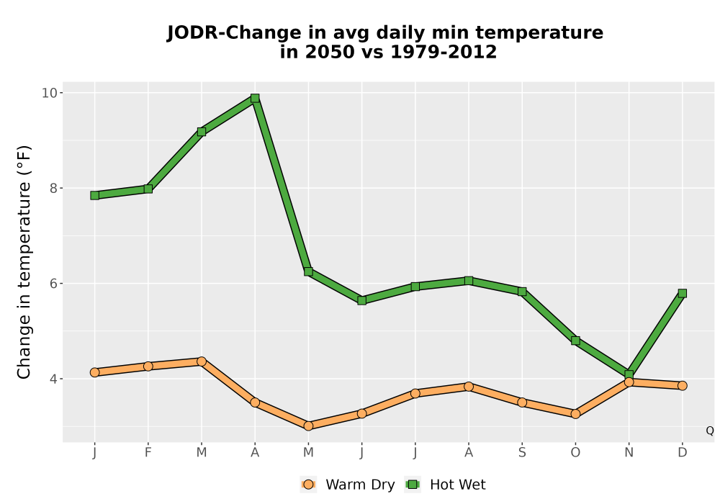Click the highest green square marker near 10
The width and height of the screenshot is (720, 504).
point(255,98)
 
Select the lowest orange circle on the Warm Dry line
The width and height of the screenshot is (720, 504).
point(308,426)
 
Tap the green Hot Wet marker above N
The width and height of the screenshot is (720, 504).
point(629,374)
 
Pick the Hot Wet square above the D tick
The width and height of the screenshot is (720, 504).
point(682,293)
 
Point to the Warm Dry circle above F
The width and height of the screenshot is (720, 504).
point(148,366)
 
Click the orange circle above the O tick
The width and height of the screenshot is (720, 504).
point(575,414)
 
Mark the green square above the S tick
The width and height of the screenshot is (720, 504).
point(521,292)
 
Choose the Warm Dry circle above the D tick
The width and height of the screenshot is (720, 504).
point(682,386)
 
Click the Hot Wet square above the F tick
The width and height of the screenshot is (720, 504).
point(148,189)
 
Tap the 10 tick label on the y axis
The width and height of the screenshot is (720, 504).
point(50,93)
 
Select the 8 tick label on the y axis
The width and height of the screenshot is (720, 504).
point(54,188)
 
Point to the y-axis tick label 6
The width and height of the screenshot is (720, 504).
point(54,283)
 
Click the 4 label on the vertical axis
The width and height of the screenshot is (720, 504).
point(54,379)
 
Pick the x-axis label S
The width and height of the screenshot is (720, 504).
point(521,453)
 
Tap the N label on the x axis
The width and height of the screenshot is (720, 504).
point(629,453)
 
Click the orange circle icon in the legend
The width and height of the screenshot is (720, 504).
point(308,485)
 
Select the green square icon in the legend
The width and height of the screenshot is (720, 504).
point(413,485)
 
